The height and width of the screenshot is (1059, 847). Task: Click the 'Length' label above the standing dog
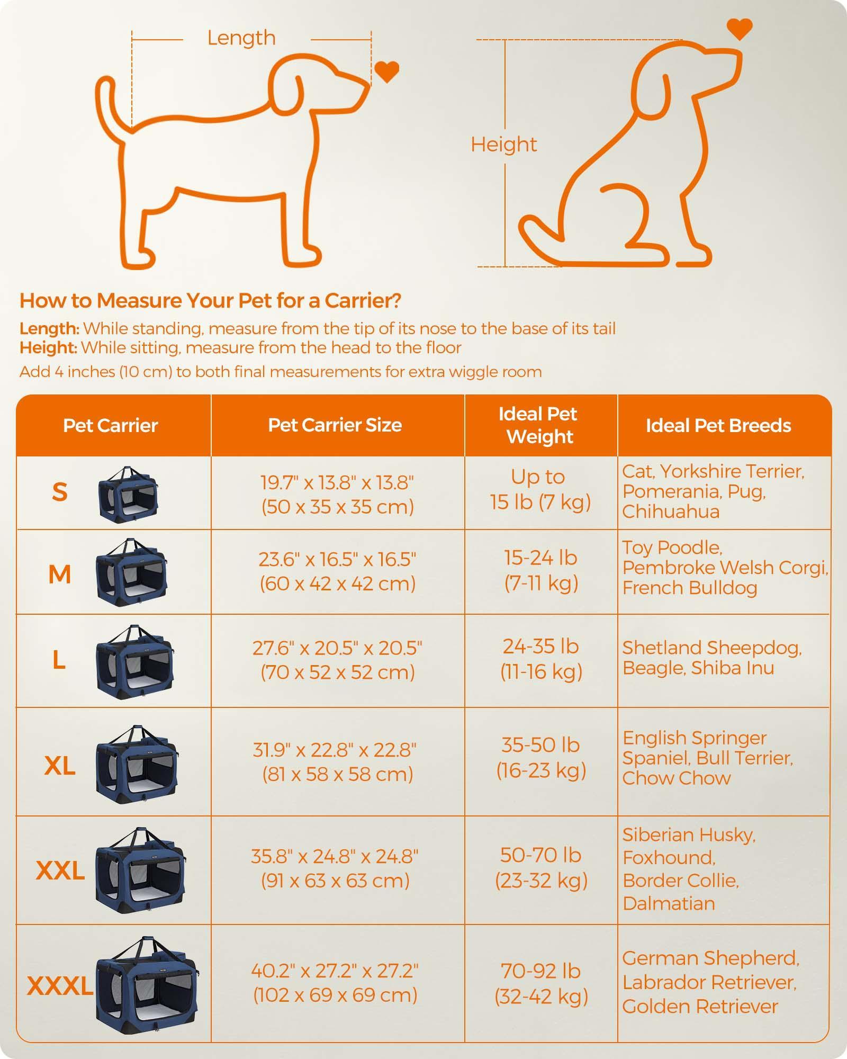241,38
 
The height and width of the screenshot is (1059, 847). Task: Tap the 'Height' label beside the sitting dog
504,145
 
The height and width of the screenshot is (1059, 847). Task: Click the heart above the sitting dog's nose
740,29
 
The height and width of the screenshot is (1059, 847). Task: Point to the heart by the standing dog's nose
386,72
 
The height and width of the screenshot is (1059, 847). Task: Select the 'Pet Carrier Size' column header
335,425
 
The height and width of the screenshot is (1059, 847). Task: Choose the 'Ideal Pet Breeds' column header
718,426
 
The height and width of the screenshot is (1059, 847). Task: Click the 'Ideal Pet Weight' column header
538,425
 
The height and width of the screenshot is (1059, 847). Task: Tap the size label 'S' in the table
60,492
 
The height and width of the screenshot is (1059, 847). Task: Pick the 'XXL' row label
60,870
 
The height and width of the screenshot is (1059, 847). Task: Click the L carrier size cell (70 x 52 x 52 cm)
337,660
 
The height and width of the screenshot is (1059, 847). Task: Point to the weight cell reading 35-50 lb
541,758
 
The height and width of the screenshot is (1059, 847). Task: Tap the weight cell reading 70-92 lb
542,984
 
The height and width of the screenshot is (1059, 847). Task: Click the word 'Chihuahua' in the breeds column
671,511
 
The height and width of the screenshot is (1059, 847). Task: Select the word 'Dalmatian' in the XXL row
669,903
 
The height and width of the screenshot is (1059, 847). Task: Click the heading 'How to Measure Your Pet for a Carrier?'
210,301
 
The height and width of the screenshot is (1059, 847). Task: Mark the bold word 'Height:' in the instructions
49,348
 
